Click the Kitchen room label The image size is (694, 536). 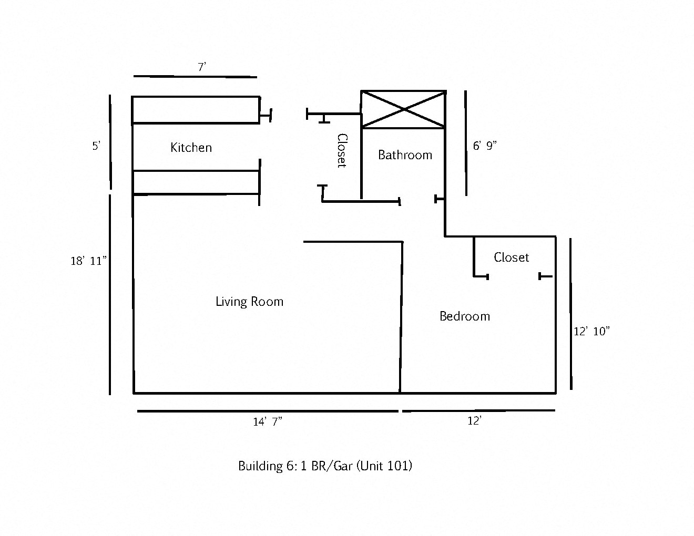coord(191,148)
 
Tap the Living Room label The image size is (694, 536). coord(249,302)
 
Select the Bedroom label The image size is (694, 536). coord(465,316)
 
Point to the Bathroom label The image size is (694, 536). coord(405,155)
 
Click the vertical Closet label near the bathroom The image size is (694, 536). coord(342,150)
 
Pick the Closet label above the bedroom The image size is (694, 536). coord(511,257)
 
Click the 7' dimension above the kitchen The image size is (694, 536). coord(202,67)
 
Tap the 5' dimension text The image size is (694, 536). coord(96,147)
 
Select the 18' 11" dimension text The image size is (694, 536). coord(89,261)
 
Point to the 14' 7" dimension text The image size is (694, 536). coord(268,422)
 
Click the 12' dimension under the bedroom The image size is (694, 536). coord(474,421)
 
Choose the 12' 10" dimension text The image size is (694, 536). coord(591,332)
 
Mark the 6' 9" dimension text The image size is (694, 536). coord(484,146)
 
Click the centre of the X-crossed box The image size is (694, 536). coord(403,109)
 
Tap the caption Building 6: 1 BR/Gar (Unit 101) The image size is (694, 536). coord(325,466)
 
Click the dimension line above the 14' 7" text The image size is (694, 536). coord(268,411)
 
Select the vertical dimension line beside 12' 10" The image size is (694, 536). coord(570,314)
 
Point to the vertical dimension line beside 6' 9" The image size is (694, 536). coord(465,143)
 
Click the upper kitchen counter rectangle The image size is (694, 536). coord(195,110)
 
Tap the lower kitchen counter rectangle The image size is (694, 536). coord(196,182)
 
